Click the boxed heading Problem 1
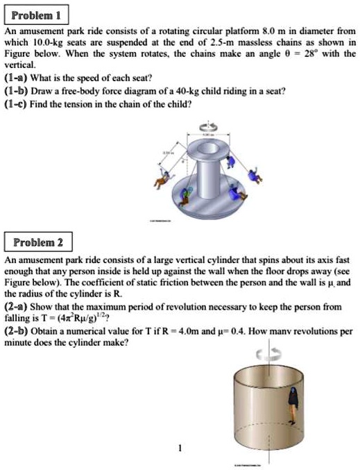34,14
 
